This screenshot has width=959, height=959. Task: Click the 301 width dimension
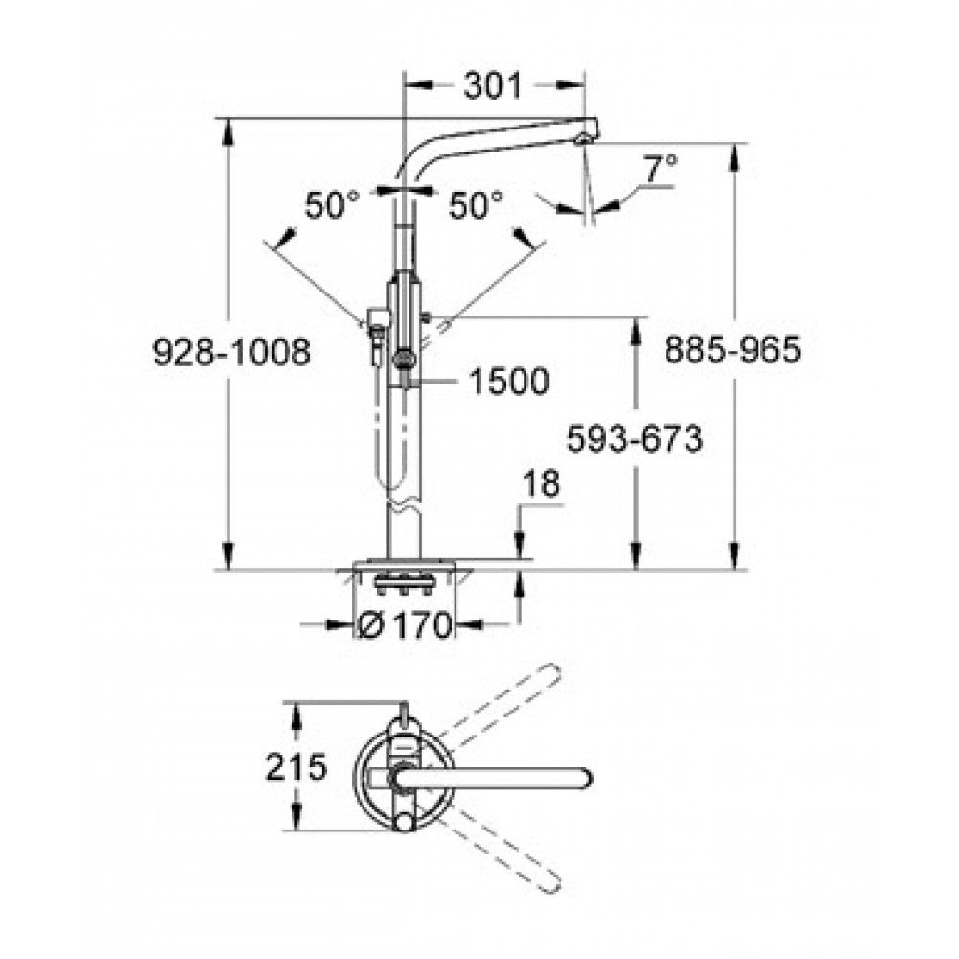(x=492, y=85)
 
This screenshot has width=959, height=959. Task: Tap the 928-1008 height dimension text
(x=231, y=352)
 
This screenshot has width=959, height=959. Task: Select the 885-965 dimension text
(x=732, y=349)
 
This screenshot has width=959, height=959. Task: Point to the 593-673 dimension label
(x=635, y=438)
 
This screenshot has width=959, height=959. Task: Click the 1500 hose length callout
(x=509, y=381)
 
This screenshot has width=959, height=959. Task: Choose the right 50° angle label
(x=476, y=205)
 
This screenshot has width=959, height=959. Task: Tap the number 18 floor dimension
(x=541, y=483)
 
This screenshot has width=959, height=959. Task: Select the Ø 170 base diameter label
(x=405, y=624)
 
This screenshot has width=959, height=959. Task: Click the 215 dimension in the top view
(x=296, y=767)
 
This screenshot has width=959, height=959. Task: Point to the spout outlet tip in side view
(x=583, y=140)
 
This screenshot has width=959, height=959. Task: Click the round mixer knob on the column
(x=404, y=361)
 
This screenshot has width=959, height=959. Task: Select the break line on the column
(x=405, y=504)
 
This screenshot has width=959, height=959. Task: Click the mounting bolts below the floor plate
(x=403, y=586)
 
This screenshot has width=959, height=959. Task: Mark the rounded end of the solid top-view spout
(x=582, y=778)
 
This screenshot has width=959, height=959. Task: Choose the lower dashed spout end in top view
(x=551, y=882)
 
